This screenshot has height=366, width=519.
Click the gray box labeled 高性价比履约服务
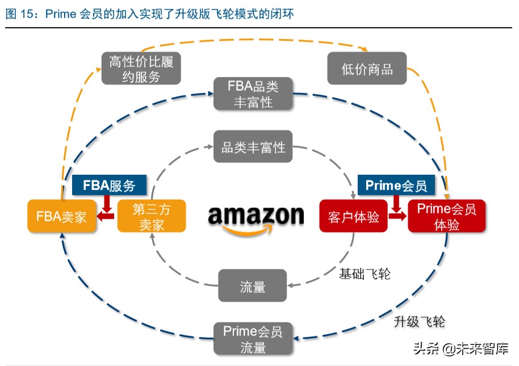(141, 69)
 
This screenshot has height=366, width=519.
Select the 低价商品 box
(367, 68)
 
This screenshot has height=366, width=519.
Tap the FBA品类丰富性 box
(253, 94)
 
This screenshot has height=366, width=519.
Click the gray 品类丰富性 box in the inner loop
(253, 146)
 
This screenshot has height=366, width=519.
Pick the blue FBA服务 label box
(109, 185)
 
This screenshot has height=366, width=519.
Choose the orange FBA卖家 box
(61, 216)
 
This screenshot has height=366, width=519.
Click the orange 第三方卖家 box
(152, 216)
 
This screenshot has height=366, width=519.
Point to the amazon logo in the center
(256, 220)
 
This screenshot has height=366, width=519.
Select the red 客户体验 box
(354, 216)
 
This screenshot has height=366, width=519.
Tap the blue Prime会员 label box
(396, 185)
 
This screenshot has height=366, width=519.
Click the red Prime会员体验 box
(447, 216)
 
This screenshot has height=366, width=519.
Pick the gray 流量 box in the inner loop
(253, 285)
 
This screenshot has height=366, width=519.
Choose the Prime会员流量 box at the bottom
(253, 339)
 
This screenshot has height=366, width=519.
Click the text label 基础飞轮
(365, 274)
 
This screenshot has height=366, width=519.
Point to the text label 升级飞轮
(420, 321)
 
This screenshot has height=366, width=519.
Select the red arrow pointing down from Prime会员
(396, 204)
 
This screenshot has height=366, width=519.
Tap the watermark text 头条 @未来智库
(461, 348)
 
